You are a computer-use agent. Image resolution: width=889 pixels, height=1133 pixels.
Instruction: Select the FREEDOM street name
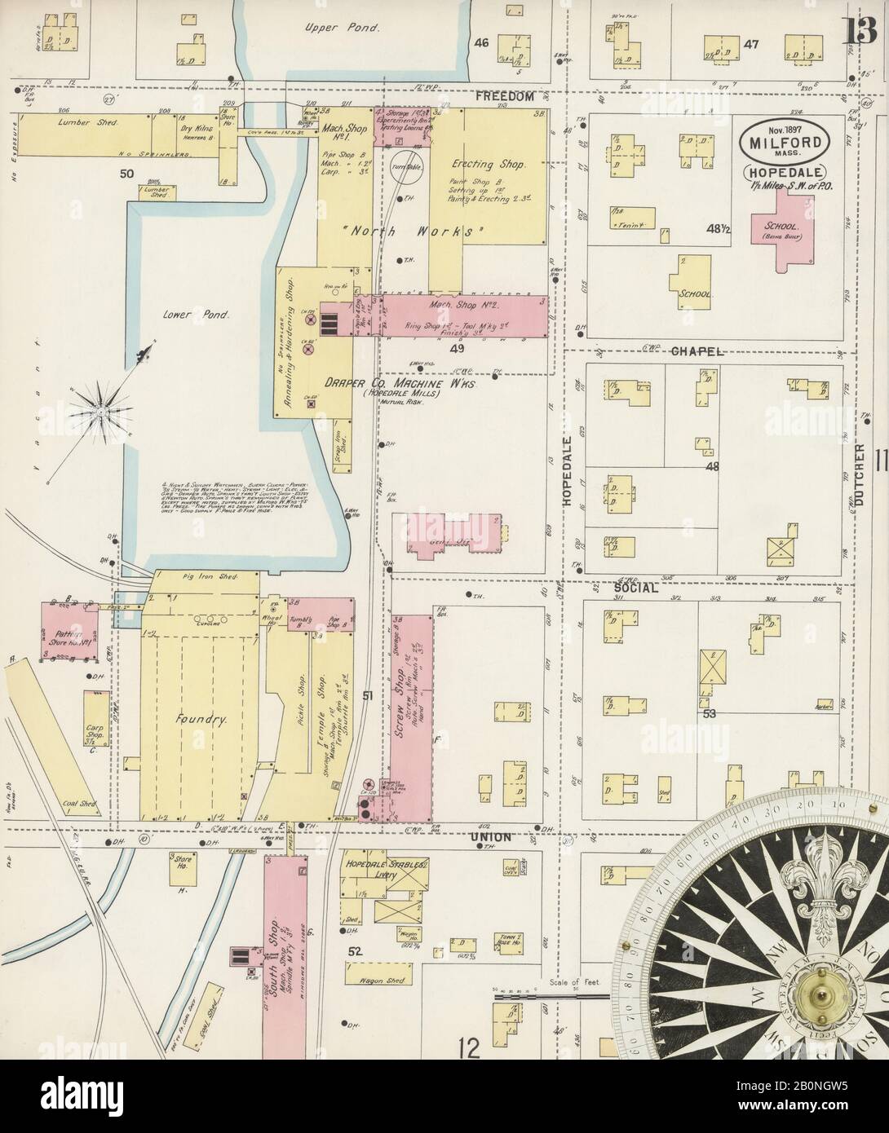506,96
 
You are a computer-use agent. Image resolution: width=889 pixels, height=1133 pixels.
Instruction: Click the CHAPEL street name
699,351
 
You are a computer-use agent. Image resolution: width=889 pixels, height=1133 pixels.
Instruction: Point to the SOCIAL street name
636,587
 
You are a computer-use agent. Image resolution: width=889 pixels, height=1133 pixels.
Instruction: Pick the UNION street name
489,837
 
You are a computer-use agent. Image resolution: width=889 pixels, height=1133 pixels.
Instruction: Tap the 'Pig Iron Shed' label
209,576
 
